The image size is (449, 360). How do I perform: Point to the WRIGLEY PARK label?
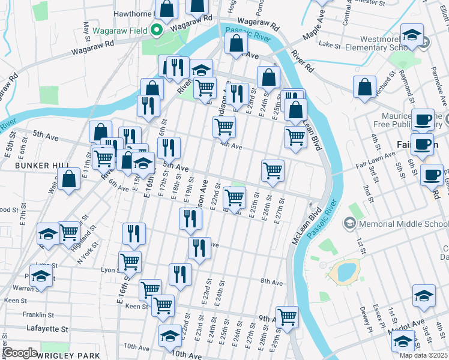tap(70, 355)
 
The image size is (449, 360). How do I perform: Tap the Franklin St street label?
tap(35, 314)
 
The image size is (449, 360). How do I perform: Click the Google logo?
tap(20, 353)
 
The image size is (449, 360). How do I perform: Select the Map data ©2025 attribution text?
tap(423, 355)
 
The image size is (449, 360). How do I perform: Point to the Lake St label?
tap(330, 44)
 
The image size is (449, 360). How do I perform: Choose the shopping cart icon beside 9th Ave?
tap(288, 316)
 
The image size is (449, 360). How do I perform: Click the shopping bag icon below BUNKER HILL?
tap(70, 179)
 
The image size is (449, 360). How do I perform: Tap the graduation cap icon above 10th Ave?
tap(170, 336)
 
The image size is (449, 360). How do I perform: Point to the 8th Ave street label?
tap(271, 281)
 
